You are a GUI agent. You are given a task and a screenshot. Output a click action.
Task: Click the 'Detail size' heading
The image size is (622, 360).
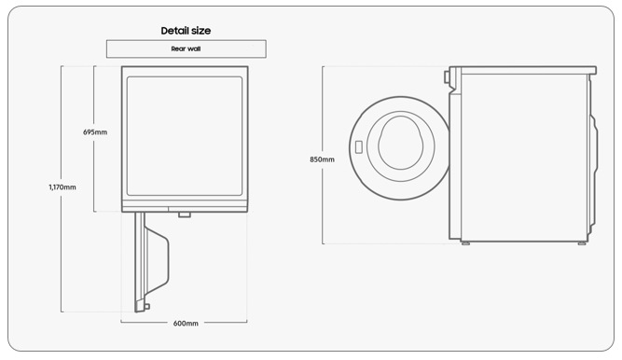186,31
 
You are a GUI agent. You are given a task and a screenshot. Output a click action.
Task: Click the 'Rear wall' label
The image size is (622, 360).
186,48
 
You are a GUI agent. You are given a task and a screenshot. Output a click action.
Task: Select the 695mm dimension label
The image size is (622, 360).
95,132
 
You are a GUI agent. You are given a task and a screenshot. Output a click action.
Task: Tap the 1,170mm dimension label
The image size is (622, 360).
62,187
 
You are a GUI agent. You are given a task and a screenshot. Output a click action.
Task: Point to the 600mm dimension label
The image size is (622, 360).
186,324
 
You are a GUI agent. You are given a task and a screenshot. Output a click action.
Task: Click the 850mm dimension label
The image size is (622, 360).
322,159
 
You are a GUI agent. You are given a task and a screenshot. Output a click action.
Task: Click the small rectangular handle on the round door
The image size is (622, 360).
359,147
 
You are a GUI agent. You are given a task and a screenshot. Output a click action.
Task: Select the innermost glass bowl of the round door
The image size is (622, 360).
401,143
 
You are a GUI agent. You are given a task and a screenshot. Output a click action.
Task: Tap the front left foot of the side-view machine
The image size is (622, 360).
465,242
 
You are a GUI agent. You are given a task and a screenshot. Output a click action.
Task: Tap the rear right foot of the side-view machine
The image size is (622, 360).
582,242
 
